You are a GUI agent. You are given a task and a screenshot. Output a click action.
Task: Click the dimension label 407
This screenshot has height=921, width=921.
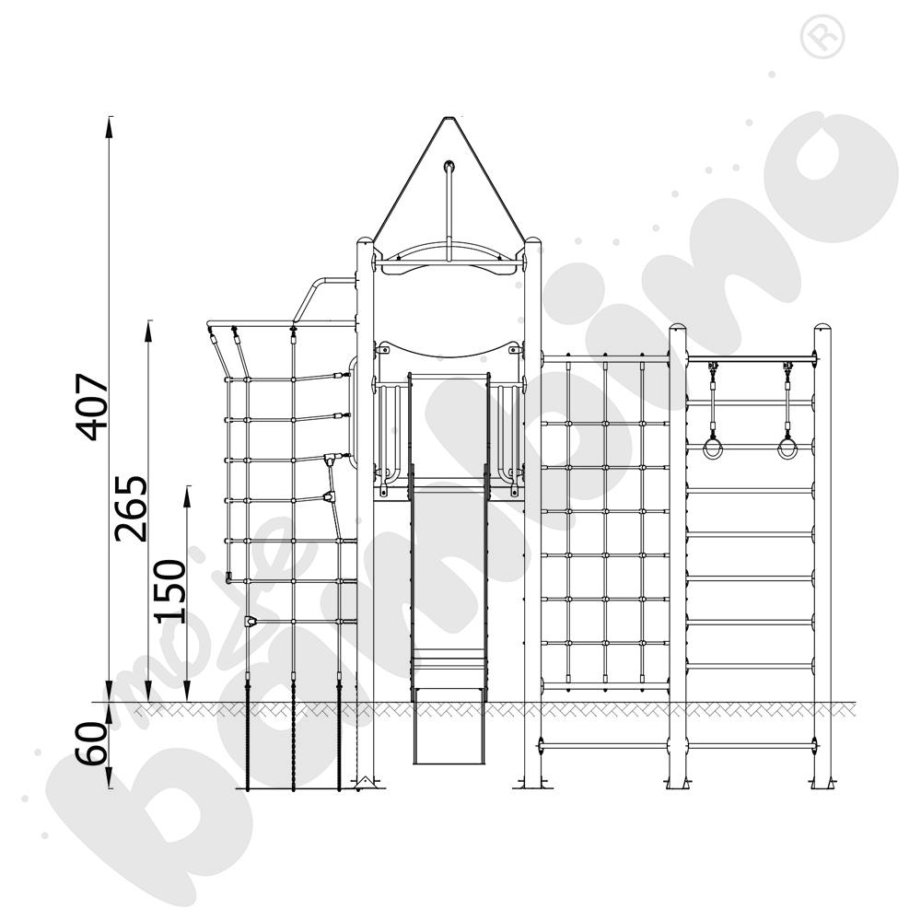point(94,406)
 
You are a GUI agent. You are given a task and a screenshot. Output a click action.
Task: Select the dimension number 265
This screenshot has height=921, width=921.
point(131,507)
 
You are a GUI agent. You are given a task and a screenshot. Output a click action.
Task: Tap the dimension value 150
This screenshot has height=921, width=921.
point(169,591)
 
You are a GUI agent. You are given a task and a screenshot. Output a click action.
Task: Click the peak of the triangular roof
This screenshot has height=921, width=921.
point(449,119)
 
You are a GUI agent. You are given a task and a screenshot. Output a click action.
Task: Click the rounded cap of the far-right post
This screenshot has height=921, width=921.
point(822,330)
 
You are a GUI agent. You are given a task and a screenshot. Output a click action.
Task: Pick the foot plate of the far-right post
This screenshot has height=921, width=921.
point(822,785)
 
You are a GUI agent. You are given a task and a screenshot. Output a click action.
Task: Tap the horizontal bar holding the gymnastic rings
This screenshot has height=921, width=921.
point(751,359)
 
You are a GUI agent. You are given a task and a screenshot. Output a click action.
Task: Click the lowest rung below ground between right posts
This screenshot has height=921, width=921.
point(751,744)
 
